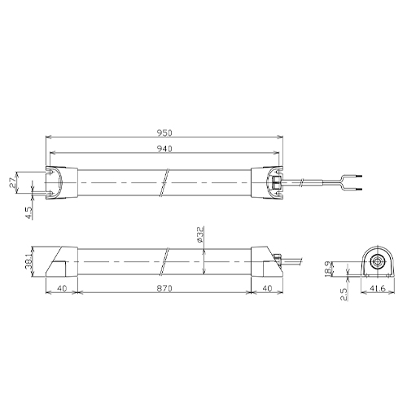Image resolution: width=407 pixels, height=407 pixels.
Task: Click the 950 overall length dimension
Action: click(x=164, y=133)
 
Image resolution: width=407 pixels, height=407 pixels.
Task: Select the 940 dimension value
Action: click(x=164, y=148)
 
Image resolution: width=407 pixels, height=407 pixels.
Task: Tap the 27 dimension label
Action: click(x=12, y=183)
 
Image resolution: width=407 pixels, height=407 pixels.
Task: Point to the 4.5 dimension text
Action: click(x=28, y=212)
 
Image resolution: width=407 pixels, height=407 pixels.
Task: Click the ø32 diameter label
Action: click(x=200, y=234)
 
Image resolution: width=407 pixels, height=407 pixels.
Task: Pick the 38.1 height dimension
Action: click(x=28, y=262)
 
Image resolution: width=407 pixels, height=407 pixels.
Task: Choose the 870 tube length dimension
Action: click(x=164, y=288)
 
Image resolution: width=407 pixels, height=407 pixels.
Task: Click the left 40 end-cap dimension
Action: click(x=62, y=288)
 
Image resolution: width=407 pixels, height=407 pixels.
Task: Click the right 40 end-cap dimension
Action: click(x=267, y=288)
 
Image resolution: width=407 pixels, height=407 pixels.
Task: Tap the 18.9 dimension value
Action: click(x=328, y=269)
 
